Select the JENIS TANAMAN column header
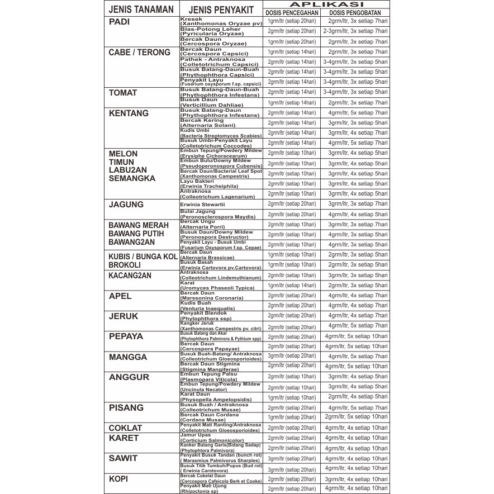tap(140, 9)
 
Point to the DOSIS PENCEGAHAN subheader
tap(292, 12)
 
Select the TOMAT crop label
tap(122, 93)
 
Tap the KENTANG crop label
tap(129, 113)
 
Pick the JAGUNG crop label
tap(126, 205)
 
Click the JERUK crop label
tap(123, 316)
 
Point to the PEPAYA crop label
tap(126, 336)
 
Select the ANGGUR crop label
tap(129, 377)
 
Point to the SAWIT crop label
tap(123, 458)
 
